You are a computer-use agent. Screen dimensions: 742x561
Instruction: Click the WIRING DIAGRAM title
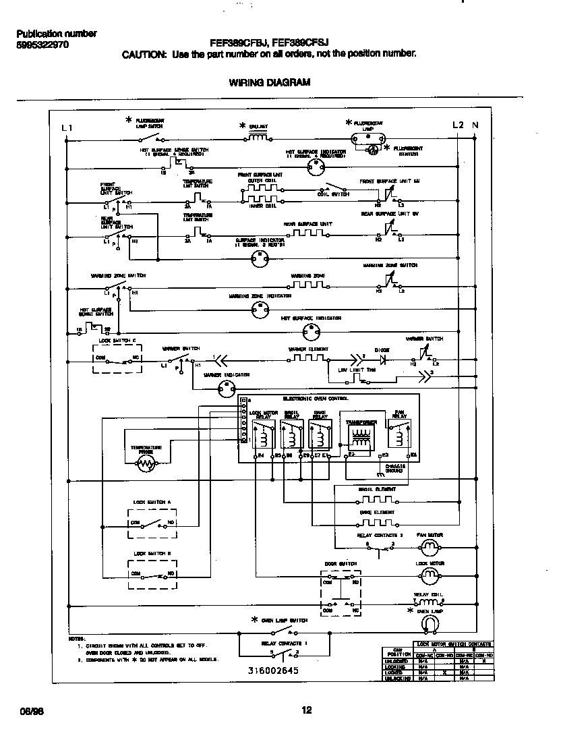pos(269,83)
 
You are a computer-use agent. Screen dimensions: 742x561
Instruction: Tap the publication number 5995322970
pos(42,45)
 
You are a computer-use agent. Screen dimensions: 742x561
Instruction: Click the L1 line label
pos(66,127)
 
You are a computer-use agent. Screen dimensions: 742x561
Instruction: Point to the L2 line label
pos(459,125)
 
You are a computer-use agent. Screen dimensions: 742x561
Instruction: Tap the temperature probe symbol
pos(146,462)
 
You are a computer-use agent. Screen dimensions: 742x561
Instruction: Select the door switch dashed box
pos(341,592)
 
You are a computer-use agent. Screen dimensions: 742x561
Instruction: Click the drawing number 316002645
pos(272,672)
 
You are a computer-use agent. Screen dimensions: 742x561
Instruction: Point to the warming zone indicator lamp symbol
pos(259,310)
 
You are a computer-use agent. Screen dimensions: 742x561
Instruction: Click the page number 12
pos(307,710)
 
